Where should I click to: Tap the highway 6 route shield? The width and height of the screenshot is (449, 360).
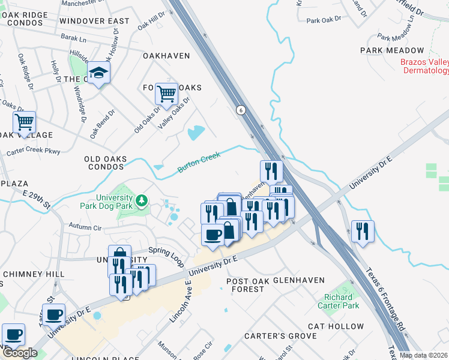tap(241, 110)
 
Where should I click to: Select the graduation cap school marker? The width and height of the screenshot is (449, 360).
tap(100, 74)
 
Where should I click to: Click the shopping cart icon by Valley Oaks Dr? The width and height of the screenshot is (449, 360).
tap(166, 94)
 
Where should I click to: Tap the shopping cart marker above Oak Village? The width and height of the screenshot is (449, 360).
tap(24, 122)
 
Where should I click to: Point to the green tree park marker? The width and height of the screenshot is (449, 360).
tap(141, 200)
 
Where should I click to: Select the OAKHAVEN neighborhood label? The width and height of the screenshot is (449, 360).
tap(166, 56)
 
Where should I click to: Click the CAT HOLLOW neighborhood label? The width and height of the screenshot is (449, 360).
tap(336, 326)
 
